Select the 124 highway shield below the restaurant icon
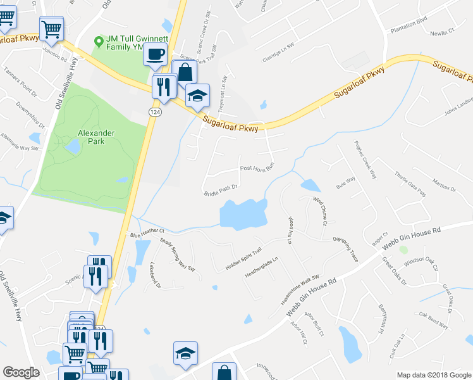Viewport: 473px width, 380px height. coord(154,111)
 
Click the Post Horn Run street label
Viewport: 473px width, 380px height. coord(256,168)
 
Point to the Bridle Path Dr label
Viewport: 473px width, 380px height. coord(220,189)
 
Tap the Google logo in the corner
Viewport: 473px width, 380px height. coord(21,372)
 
